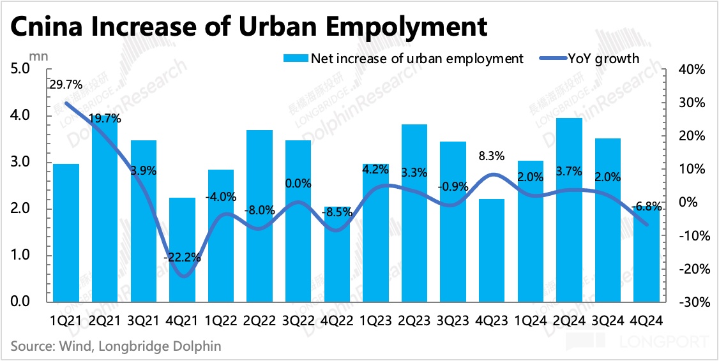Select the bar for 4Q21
[x=182, y=249]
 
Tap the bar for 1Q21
[x=66, y=232]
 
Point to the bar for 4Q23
[x=492, y=249]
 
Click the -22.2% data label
[x=183, y=258]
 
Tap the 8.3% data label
[x=492, y=155]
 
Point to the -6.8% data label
[x=646, y=207]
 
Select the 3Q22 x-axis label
[x=298, y=315]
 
